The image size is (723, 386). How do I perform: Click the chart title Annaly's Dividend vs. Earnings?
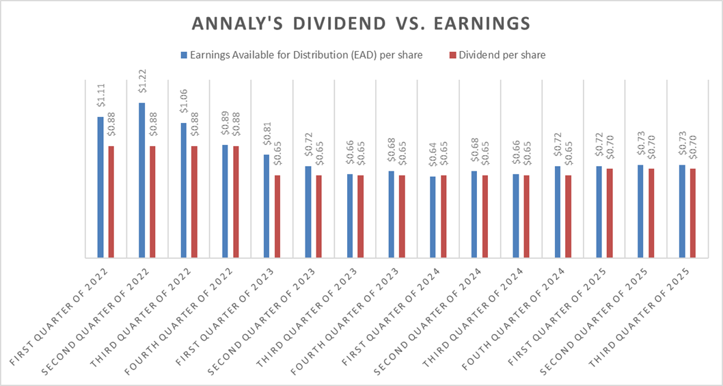[x=361, y=23]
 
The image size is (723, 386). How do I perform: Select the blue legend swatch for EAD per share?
[x=184, y=55]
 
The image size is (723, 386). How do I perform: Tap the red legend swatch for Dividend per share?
[x=452, y=55]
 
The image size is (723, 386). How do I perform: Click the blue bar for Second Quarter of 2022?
[x=142, y=180]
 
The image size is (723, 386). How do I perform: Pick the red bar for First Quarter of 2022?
[x=111, y=202]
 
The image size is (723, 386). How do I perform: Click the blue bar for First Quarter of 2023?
[x=267, y=206]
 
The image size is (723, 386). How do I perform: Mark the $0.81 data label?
[x=267, y=139]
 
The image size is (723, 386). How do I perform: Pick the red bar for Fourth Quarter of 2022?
[x=236, y=202]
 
